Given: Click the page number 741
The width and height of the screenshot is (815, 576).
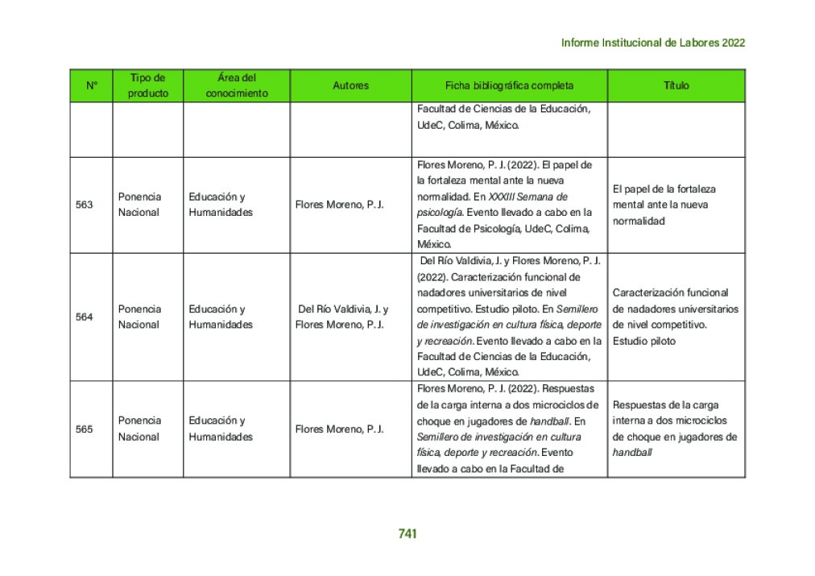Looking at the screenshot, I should coord(407,533).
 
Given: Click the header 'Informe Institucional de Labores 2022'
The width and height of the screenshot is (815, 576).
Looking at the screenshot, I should coord(652,43).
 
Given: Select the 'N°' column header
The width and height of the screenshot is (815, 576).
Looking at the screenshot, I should coord(91,85).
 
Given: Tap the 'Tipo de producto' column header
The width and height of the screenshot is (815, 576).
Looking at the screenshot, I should coord(147,85).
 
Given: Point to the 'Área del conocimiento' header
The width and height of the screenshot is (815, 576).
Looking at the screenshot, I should coord(236,85).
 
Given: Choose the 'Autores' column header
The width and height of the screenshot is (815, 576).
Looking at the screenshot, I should coord(350,85).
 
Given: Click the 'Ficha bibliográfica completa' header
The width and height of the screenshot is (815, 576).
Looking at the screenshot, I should coord(509,85).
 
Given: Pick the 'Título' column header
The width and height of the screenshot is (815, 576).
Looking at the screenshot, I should coord(676,85).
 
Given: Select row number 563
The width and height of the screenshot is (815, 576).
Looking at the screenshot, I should coord(84,205).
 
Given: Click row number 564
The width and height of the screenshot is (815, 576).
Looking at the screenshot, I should coord(84,317).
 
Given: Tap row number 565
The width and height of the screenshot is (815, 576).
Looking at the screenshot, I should coord(84,429).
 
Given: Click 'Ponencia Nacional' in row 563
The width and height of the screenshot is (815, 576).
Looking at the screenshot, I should coord(139,205).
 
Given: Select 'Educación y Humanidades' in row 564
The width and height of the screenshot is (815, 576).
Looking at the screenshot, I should coord(221,317).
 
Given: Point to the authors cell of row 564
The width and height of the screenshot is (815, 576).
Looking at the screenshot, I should coord(342,317).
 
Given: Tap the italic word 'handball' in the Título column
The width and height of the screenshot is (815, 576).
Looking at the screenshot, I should coord(631,453).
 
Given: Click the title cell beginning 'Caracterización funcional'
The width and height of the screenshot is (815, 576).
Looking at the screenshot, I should coord(675,317).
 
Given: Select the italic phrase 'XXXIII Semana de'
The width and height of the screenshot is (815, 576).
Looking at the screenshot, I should coord(527,197).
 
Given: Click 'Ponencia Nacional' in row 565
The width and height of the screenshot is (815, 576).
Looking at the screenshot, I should coord(139,429).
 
